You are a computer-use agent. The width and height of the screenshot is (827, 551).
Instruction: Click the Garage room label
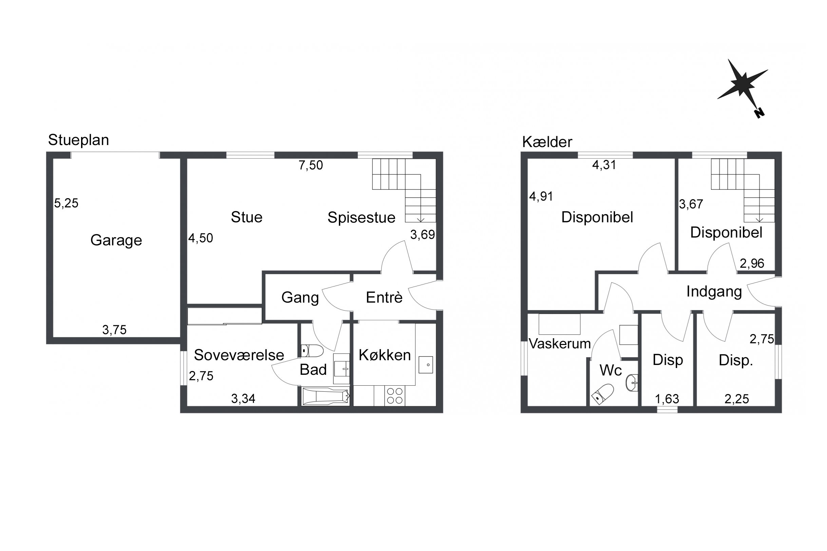(x=116, y=240)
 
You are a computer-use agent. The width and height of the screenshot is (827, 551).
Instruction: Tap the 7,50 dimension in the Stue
(x=311, y=165)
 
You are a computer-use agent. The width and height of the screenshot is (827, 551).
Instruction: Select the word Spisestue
(x=361, y=218)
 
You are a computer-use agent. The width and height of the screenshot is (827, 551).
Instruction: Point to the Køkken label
(x=385, y=355)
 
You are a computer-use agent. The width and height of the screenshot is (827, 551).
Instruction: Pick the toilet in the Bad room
(x=312, y=351)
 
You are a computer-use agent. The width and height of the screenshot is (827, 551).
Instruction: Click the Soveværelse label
(x=239, y=355)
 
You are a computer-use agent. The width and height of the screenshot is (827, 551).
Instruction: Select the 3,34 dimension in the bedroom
(x=243, y=399)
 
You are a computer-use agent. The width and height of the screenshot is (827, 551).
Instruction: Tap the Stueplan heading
(x=78, y=140)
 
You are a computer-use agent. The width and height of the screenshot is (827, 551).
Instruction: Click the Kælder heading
(x=547, y=142)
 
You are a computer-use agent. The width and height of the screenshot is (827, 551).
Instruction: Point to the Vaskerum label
(x=560, y=344)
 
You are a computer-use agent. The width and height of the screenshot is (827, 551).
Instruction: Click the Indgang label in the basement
(x=714, y=292)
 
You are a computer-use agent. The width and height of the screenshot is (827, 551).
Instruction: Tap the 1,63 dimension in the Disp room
(x=667, y=399)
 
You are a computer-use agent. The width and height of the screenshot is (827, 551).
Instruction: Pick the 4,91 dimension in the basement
(x=541, y=197)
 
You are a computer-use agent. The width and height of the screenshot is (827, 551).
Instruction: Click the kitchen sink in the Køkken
(x=426, y=365)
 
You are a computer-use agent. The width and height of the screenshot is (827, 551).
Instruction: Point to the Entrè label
(x=384, y=297)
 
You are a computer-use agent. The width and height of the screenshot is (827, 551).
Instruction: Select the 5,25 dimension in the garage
(x=66, y=203)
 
